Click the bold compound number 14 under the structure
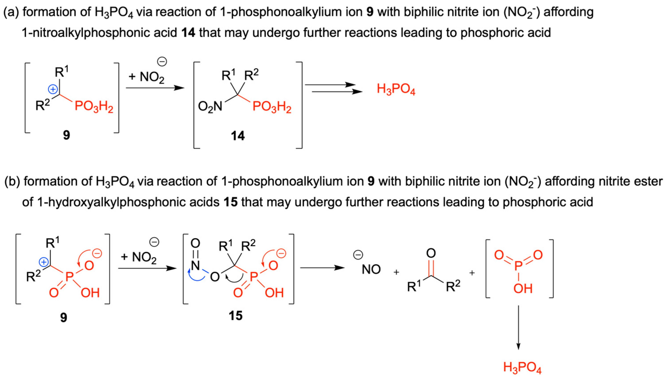click(x=238, y=136)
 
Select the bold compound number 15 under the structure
click(x=236, y=315)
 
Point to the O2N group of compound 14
click(x=210, y=107)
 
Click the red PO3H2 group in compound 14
click(x=272, y=107)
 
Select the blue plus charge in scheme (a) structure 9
click(x=53, y=90)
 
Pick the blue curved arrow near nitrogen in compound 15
click(x=196, y=277)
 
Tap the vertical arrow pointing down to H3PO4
click(x=518, y=327)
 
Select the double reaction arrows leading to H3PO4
click(x=333, y=88)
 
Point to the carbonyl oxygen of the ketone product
click(x=431, y=253)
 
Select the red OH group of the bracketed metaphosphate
click(x=523, y=289)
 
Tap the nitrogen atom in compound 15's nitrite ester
click(x=195, y=266)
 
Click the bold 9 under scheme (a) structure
click(x=66, y=135)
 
